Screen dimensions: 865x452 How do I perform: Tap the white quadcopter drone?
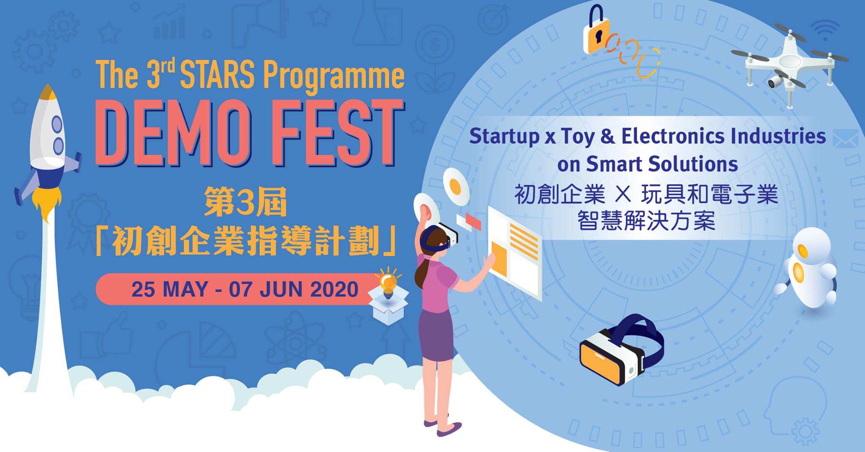coord(789,63)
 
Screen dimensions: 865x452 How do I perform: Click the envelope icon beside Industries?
coord(846,139)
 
